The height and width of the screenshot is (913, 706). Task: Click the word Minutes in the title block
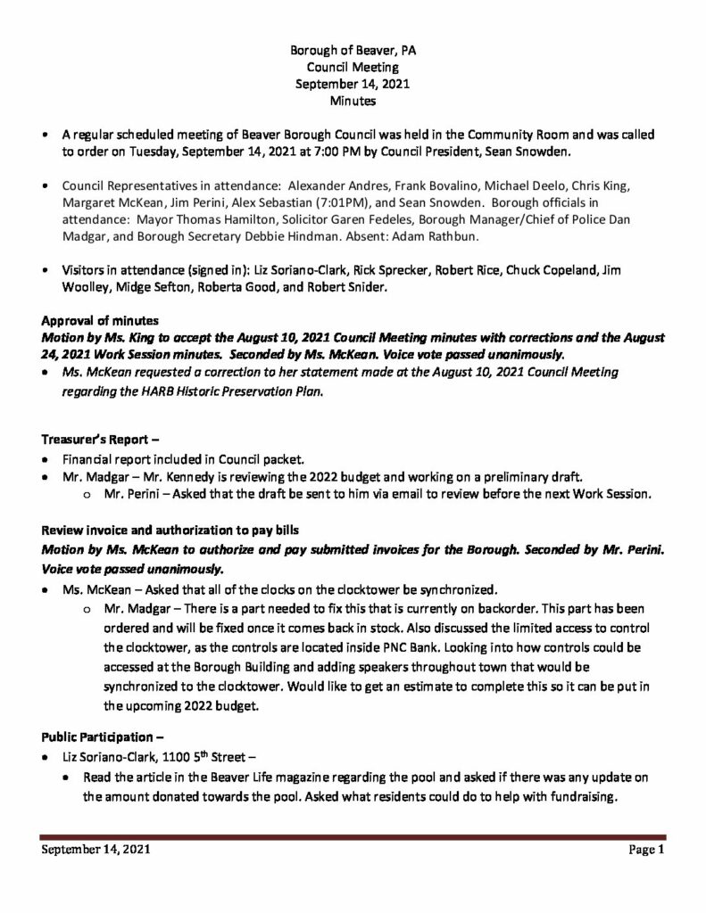(x=353, y=101)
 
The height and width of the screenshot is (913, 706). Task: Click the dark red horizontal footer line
(x=353, y=836)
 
